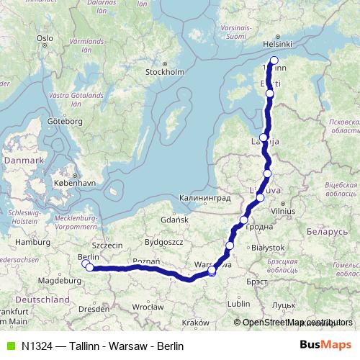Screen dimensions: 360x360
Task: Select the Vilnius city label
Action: point(282,212)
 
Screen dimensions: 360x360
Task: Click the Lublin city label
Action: point(238,304)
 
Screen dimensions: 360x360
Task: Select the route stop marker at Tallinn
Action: point(274,60)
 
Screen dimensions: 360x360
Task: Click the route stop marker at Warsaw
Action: point(212,271)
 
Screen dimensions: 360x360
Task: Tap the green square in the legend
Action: point(9,346)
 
